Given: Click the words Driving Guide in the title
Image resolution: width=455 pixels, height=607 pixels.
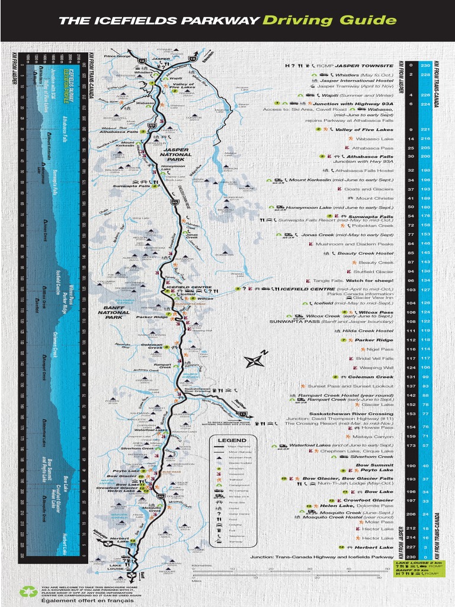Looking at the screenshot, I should [330, 21].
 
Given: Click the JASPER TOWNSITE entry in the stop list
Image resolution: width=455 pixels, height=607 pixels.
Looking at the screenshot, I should [364, 65].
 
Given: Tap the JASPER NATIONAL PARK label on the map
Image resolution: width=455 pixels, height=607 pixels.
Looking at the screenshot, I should [175, 155].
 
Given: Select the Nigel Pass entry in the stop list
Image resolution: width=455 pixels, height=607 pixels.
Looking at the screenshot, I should [380, 349].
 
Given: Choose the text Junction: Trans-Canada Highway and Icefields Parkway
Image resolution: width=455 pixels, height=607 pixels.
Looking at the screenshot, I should [321, 557].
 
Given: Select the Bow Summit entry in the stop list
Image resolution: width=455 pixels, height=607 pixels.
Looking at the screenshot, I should [375, 465].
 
